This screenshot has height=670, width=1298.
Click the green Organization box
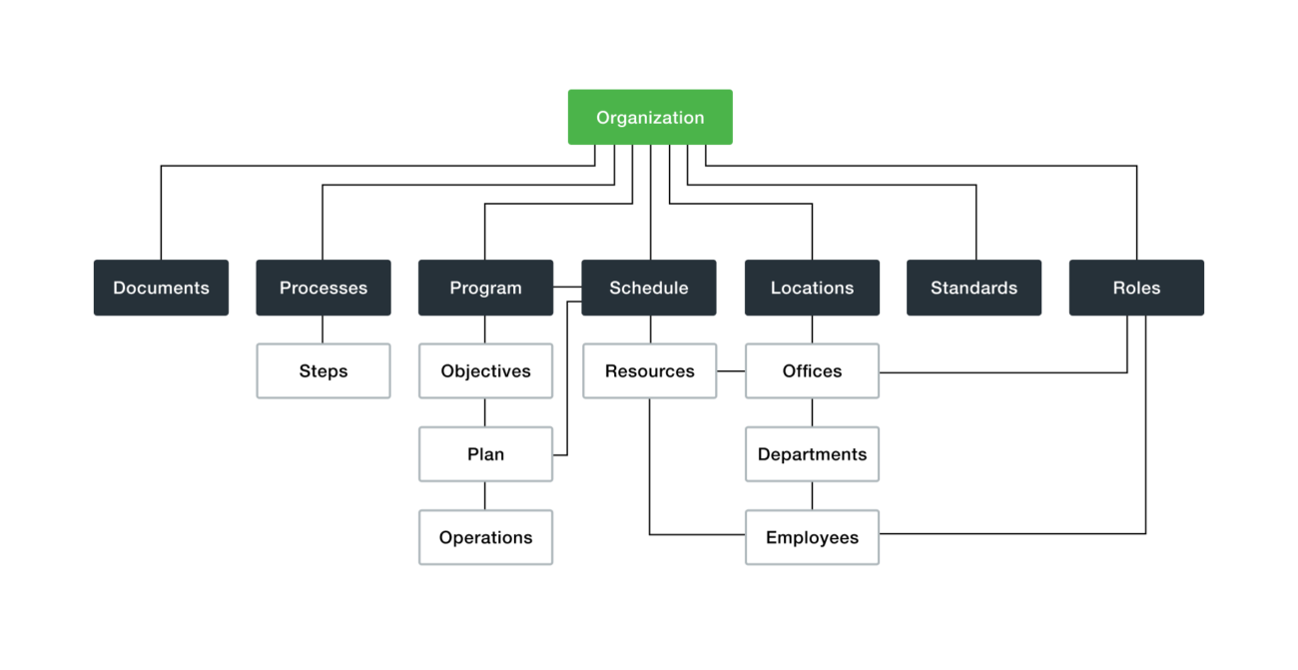click(x=650, y=117)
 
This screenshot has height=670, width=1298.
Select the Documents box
click(x=161, y=288)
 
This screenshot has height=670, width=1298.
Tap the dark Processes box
click(x=323, y=288)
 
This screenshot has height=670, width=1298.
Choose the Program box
click(x=485, y=288)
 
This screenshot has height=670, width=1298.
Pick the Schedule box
click(x=649, y=288)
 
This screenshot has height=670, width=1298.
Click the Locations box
click(x=812, y=288)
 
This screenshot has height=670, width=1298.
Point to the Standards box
click(x=973, y=288)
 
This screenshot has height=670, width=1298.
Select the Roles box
click(x=1136, y=288)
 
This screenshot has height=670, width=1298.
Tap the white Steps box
click(x=323, y=371)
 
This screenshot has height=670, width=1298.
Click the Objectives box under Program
click(x=485, y=371)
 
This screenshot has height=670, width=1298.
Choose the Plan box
click(x=485, y=454)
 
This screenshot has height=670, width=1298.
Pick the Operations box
click(x=485, y=537)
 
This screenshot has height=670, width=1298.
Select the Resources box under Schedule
click(x=649, y=371)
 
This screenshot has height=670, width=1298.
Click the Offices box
click(x=812, y=371)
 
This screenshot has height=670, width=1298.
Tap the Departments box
click(x=812, y=454)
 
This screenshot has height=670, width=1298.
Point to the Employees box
click(x=812, y=537)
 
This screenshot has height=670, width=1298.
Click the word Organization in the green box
click(x=650, y=118)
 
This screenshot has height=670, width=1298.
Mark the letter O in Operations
click(x=445, y=537)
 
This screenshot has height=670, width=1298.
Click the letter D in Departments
click(x=763, y=454)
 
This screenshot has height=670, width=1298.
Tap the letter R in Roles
click(x=1118, y=288)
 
